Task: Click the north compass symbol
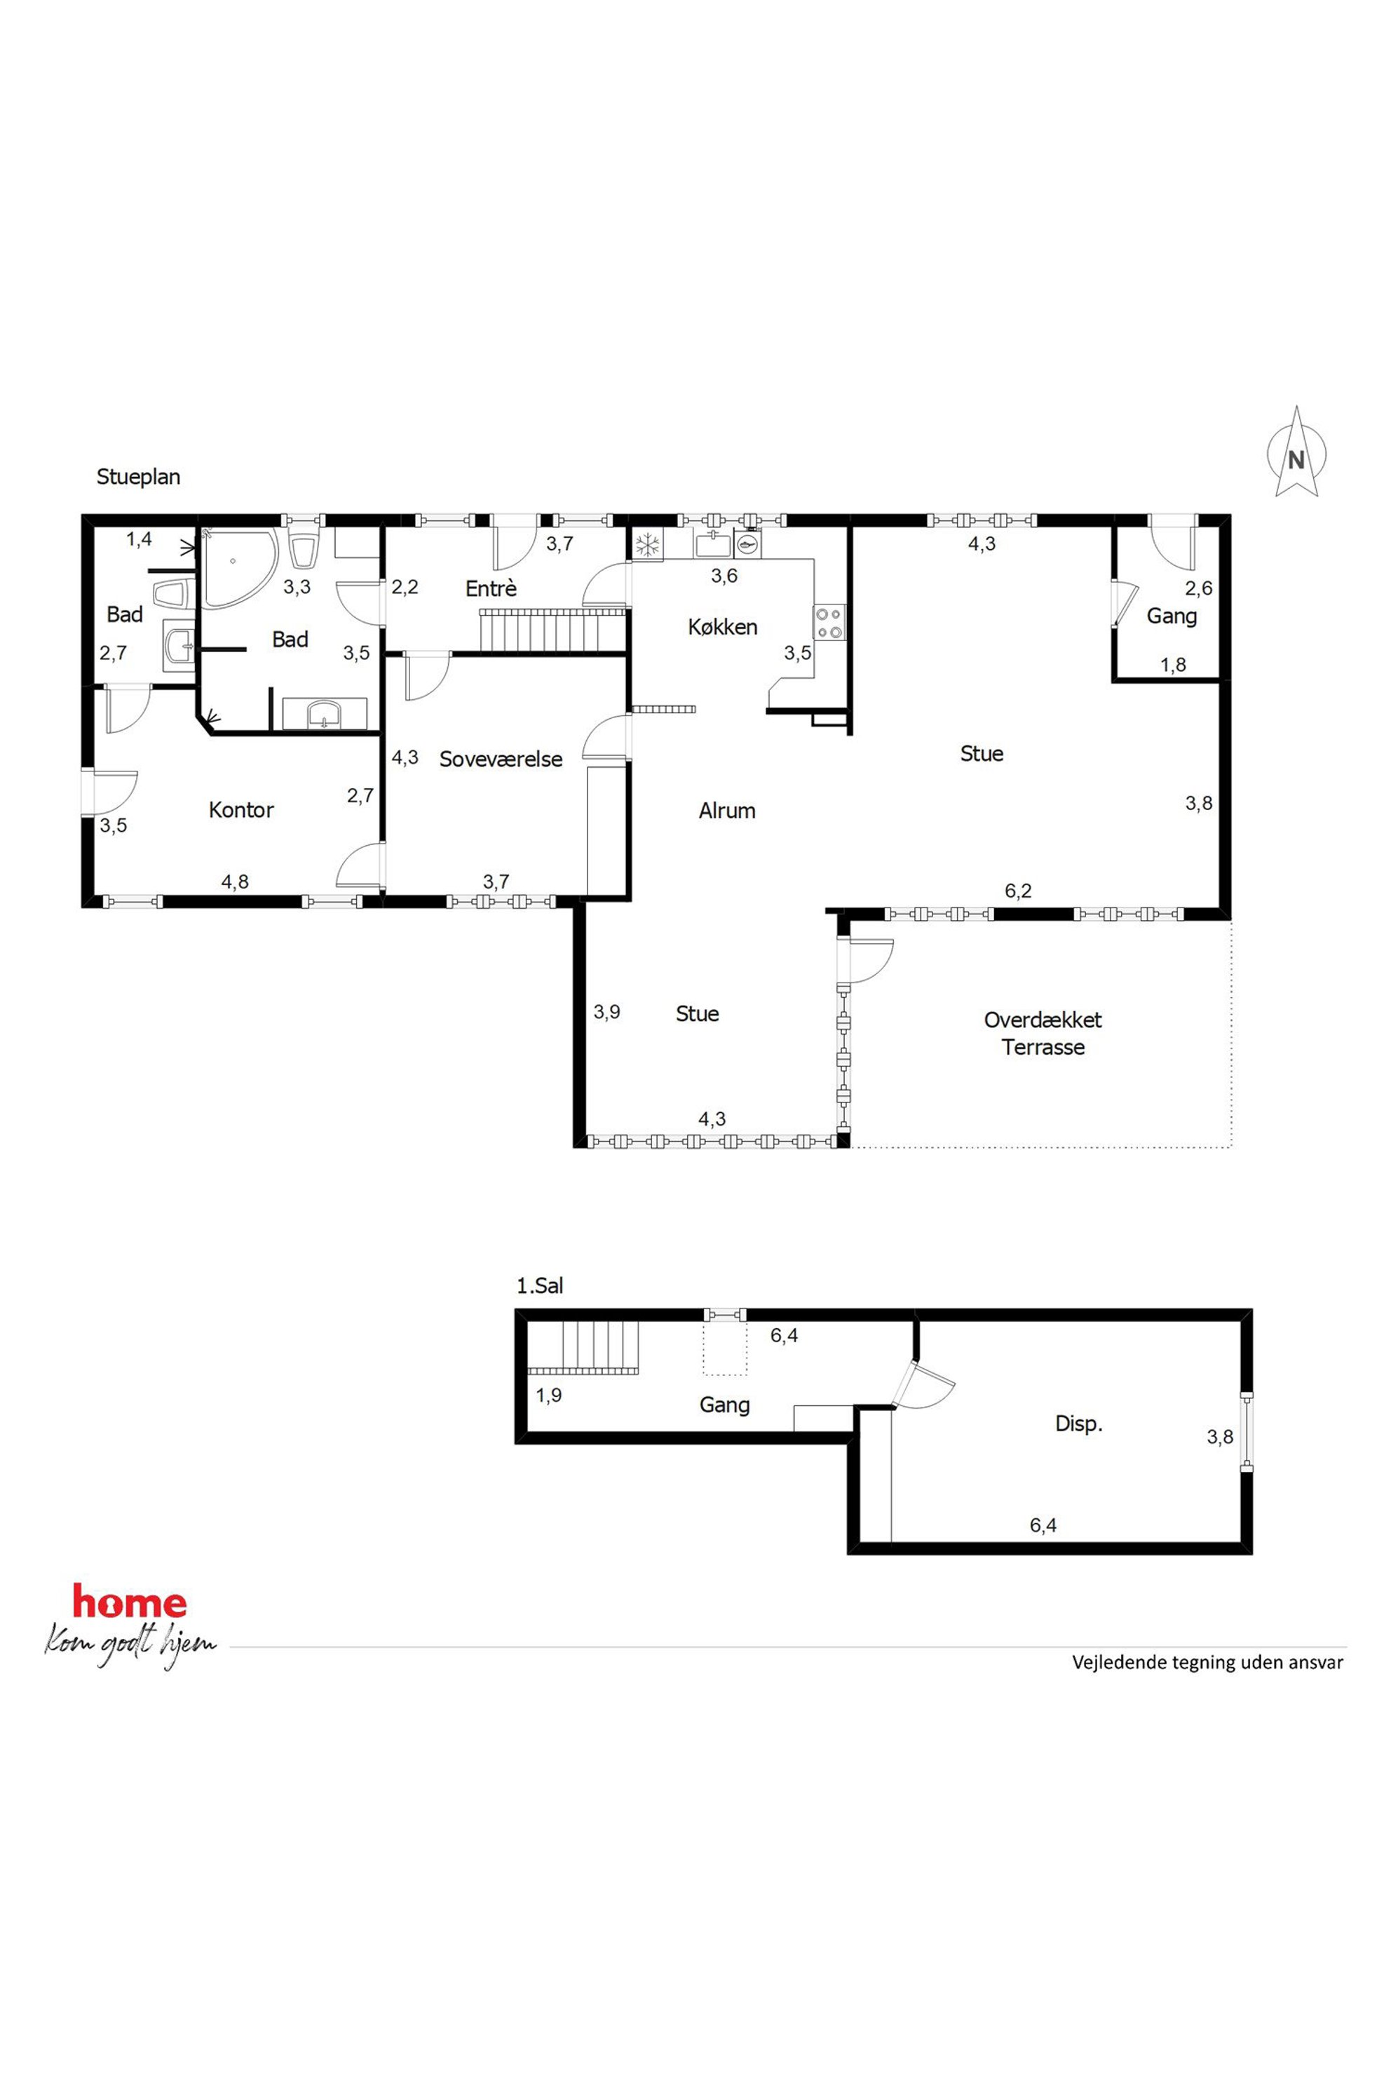point(1296,452)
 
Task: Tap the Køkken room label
point(722,628)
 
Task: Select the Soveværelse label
point(501,759)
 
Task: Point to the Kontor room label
point(241,809)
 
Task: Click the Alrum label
point(726,810)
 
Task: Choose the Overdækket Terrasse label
point(1043,1033)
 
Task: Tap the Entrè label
point(491,588)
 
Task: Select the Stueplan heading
point(138,478)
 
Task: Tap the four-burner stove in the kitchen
point(830,621)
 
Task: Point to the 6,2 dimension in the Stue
point(1019,891)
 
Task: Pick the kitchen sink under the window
point(712,545)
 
